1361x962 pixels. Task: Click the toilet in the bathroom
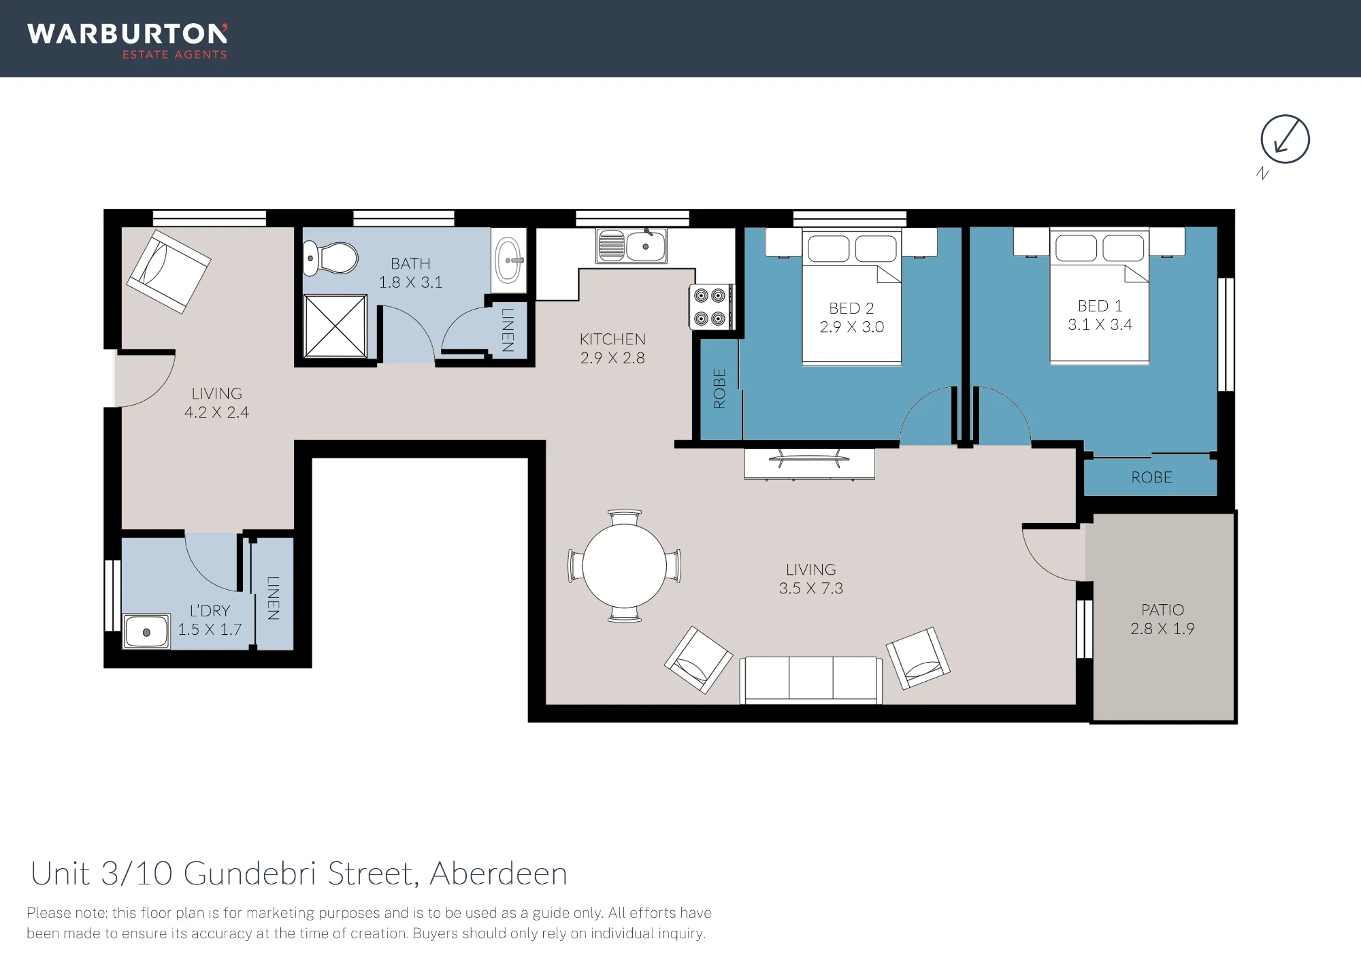(x=330, y=259)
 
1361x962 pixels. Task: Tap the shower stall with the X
(x=335, y=326)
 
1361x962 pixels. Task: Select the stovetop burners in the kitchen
(x=710, y=307)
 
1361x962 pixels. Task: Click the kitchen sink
(x=631, y=246)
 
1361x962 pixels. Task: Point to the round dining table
(x=625, y=566)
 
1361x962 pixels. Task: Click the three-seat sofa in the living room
(x=810, y=680)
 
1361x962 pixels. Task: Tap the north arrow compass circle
(x=1285, y=139)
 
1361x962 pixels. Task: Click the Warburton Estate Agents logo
(x=127, y=41)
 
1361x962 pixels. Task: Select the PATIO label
(x=1162, y=610)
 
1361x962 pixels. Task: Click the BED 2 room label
(x=851, y=308)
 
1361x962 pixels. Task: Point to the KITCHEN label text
(x=612, y=339)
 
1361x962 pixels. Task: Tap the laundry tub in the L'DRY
(x=146, y=631)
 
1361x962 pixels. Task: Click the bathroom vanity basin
(x=509, y=260)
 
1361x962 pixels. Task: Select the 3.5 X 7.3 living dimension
(x=810, y=588)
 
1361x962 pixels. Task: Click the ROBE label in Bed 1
(x=1151, y=478)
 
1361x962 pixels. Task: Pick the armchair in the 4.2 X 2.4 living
(x=169, y=271)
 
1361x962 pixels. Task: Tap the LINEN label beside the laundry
(x=274, y=598)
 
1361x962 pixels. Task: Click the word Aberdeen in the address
(x=499, y=874)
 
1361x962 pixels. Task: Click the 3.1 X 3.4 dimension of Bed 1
(x=1100, y=325)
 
